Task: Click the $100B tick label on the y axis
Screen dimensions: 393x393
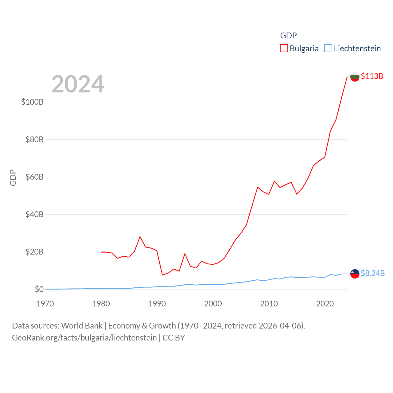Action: (x=32, y=102)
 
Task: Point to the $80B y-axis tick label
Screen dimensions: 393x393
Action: (x=34, y=139)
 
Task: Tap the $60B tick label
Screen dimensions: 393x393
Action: (x=34, y=177)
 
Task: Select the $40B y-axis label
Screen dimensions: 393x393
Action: (x=34, y=214)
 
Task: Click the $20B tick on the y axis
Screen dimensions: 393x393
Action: (x=34, y=252)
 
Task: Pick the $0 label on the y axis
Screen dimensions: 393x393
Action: (x=39, y=289)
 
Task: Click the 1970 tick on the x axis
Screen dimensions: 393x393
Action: (x=45, y=304)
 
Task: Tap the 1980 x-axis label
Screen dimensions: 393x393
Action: (x=101, y=304)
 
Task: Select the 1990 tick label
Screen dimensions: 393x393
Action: (x=157, y=304)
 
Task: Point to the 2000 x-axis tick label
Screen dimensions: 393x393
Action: (x=213, y=304)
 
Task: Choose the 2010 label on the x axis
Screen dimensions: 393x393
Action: (x=269, y=304)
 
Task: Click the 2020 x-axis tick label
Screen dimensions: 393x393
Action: (x=325, y=304)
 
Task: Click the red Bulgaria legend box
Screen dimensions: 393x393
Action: (x=284, y=49)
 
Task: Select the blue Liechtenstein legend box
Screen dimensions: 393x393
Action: (x=328, y=49)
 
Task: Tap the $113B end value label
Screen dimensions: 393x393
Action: (x=372, y=76)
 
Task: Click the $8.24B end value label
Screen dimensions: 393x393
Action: (x=373, y=273)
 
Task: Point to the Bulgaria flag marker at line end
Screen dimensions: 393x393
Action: (x=355, y=77)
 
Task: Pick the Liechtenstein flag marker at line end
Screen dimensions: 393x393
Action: (x=355, y=274)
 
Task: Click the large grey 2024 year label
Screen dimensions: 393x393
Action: (x=78, y=84)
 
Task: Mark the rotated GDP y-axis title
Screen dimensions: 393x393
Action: (x=13, y=177)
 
